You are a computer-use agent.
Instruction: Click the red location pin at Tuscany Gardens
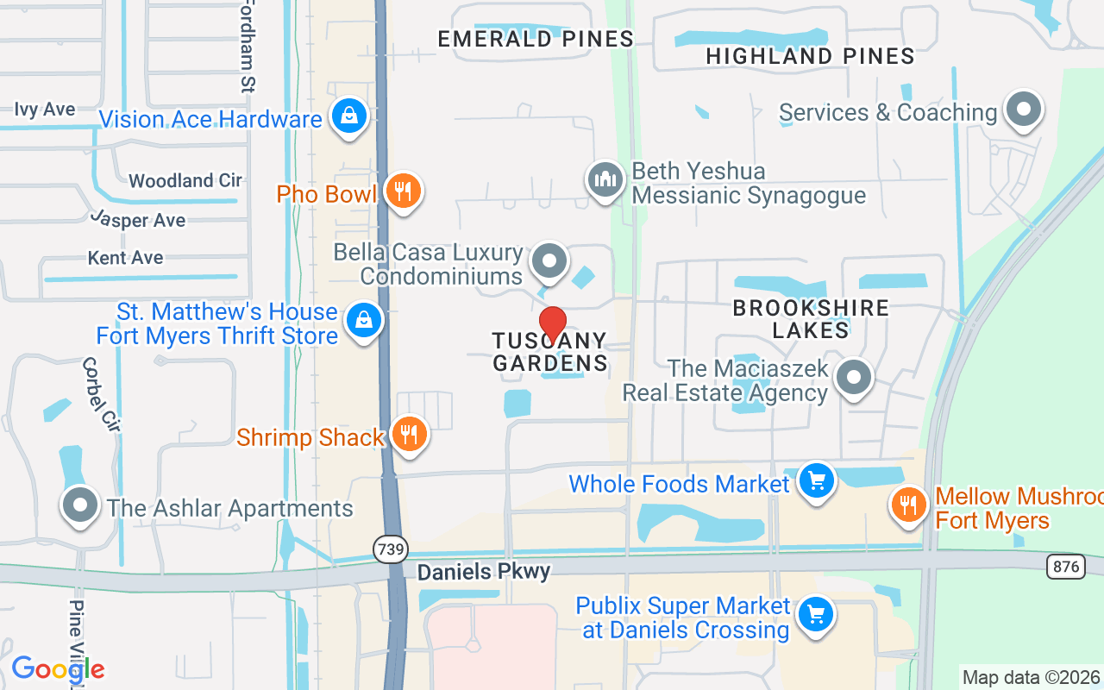click(552, 324)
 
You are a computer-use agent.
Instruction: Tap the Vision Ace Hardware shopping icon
click(349, 116)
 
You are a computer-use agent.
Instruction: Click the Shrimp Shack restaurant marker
click(410, 435)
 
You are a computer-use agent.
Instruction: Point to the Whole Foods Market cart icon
click(816, 480)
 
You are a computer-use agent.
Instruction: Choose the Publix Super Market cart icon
click(816, 615)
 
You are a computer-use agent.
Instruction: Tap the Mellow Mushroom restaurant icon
click(907, 505)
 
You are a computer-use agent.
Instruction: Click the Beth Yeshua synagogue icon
click(605, 181)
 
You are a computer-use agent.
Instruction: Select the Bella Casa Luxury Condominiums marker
click(549, 260)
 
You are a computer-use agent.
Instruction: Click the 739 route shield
click(390, 549)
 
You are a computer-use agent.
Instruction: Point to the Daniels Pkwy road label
click(483, 572)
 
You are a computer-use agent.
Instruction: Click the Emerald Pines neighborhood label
click(536, 39)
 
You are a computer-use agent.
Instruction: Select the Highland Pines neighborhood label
click(810, 56)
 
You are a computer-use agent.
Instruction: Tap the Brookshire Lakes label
click(811, 319)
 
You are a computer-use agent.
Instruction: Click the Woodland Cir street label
click(185, 180)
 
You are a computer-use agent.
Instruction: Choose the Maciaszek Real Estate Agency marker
click(854, 377)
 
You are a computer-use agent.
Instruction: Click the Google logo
click(58, 669)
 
